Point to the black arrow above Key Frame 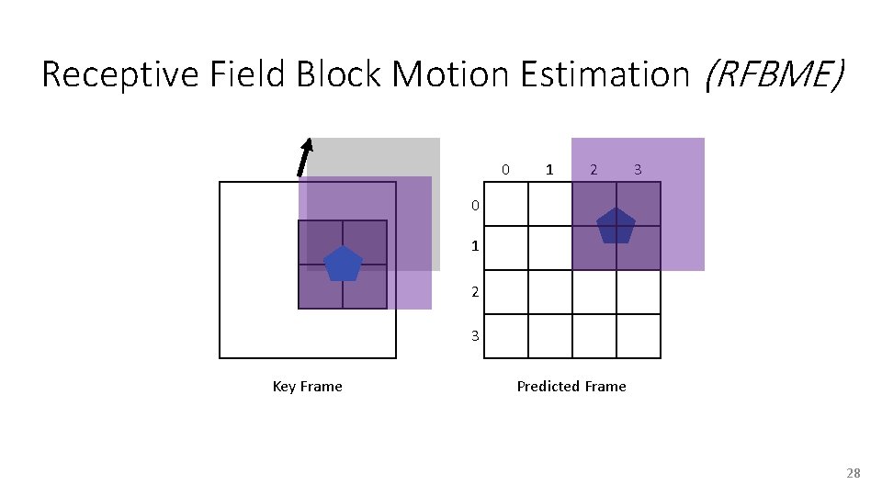(304, 156)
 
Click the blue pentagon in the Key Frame (343, 265)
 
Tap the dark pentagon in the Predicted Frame (616, 226)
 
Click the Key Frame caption (307, 387)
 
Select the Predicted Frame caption (571, 387)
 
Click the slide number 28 (853, 473)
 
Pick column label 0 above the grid (505, 170)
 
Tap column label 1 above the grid (549, 170)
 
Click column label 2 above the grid (594, 170)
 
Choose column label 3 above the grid (638, 170)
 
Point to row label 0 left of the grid (475, 205)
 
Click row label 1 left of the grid (475, 247)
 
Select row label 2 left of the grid (475, 291)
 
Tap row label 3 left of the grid (475, 335)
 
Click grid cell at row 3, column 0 (505, 335)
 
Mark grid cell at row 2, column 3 (638, 291)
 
